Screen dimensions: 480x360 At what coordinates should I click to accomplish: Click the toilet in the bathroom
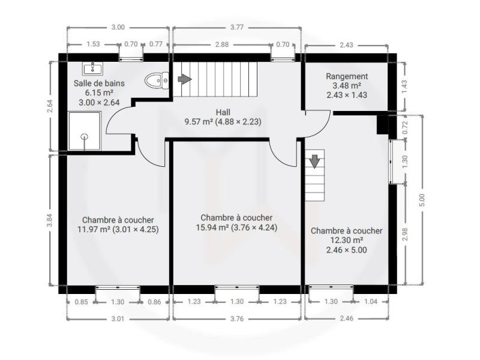coord(157,80)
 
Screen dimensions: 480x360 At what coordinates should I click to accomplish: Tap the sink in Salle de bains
coord(92,68)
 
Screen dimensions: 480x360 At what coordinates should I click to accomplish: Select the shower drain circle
coord(85,137)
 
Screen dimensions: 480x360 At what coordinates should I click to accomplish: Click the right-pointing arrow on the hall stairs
coord(185,79)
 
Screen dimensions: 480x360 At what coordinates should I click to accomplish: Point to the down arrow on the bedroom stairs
coord(314,161)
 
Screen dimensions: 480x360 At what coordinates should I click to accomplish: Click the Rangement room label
coord(347,76)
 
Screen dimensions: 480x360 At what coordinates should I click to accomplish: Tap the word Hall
coord(223,112)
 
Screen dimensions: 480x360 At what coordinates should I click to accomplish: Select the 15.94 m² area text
coord(212,227)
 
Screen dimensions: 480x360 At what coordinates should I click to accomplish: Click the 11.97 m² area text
coord(94,229)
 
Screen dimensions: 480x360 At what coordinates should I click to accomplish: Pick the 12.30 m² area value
coord(347,241)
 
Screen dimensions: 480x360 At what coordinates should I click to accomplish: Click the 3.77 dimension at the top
coord(236,27)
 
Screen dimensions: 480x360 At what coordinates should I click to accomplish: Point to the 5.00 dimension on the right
coord(422,200)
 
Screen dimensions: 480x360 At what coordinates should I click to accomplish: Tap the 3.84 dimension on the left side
coord(50,220)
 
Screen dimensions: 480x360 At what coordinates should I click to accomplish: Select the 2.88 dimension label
coord(221,44)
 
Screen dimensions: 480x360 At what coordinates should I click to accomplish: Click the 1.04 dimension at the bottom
coord(371,302)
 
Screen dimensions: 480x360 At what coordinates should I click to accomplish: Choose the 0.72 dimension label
coord(404,127)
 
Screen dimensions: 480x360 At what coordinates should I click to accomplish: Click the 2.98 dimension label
coord(404,234)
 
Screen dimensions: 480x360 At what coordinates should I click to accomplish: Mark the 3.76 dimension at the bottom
coord(236,319)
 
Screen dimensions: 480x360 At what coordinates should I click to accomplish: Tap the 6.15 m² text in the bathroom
coord(100,92)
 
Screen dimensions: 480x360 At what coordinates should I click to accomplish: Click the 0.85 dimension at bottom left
coord(81,302)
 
